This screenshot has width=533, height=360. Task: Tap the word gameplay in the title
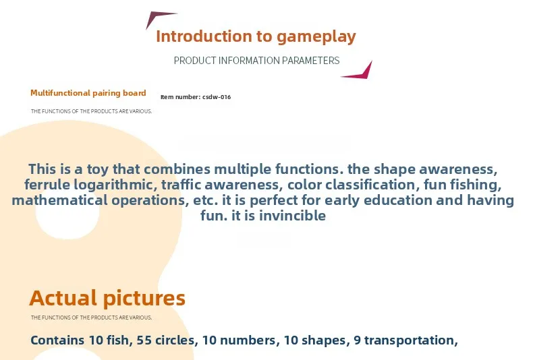pyautogui.click(x=316, y=37)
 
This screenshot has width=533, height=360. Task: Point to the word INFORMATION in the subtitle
pyautogui.click(x=249, y=61)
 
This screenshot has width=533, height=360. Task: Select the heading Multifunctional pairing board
pyautogui.click(x=88, y=93)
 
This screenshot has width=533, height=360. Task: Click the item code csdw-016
pyautogui.click(x=217, y=97)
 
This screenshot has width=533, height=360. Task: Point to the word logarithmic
pyautogui.click(x=115, y=185)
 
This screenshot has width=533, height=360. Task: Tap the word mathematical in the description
pyautogui.click(x=59, y=200)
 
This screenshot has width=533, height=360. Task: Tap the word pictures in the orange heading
pyautogui.click(x=144, y=299)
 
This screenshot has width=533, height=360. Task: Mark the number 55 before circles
pyautogui.click(x=144, y=340)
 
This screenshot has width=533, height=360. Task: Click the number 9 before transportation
pyautogui.click(x=357, y=340)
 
